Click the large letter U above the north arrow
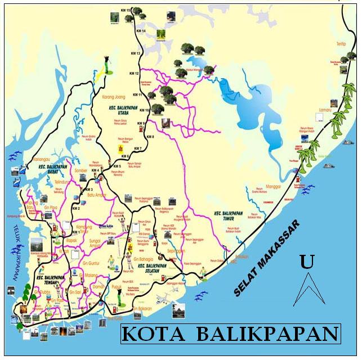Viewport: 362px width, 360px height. (x=307, y=262)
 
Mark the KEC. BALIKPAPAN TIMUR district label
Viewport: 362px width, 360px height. (x=230, y=217)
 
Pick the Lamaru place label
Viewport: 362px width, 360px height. (x=325, y=103)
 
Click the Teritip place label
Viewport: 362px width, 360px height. (x=339, y=43)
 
